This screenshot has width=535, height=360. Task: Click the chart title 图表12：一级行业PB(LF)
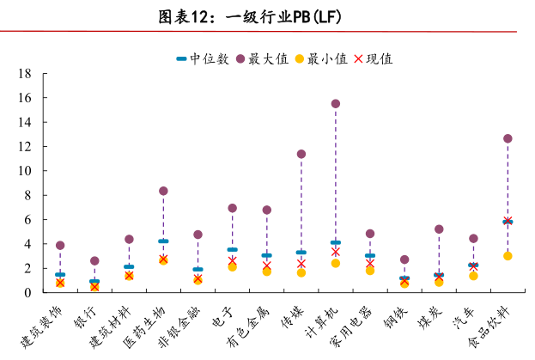[x=267, y=17]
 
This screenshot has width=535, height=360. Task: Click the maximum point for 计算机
[x=336, y=104]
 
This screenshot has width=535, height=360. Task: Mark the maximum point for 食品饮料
[x=508, y=138]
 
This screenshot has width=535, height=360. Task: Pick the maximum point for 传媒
[x=301, y=155]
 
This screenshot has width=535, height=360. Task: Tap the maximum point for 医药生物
[x=163, y=191]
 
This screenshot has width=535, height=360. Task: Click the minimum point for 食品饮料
[x=508, y=256]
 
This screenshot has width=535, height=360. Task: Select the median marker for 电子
[x=232, y=250]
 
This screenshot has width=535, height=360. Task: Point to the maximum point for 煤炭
[x=439, y=229]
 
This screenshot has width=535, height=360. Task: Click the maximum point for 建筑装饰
[x=60, y=246]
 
